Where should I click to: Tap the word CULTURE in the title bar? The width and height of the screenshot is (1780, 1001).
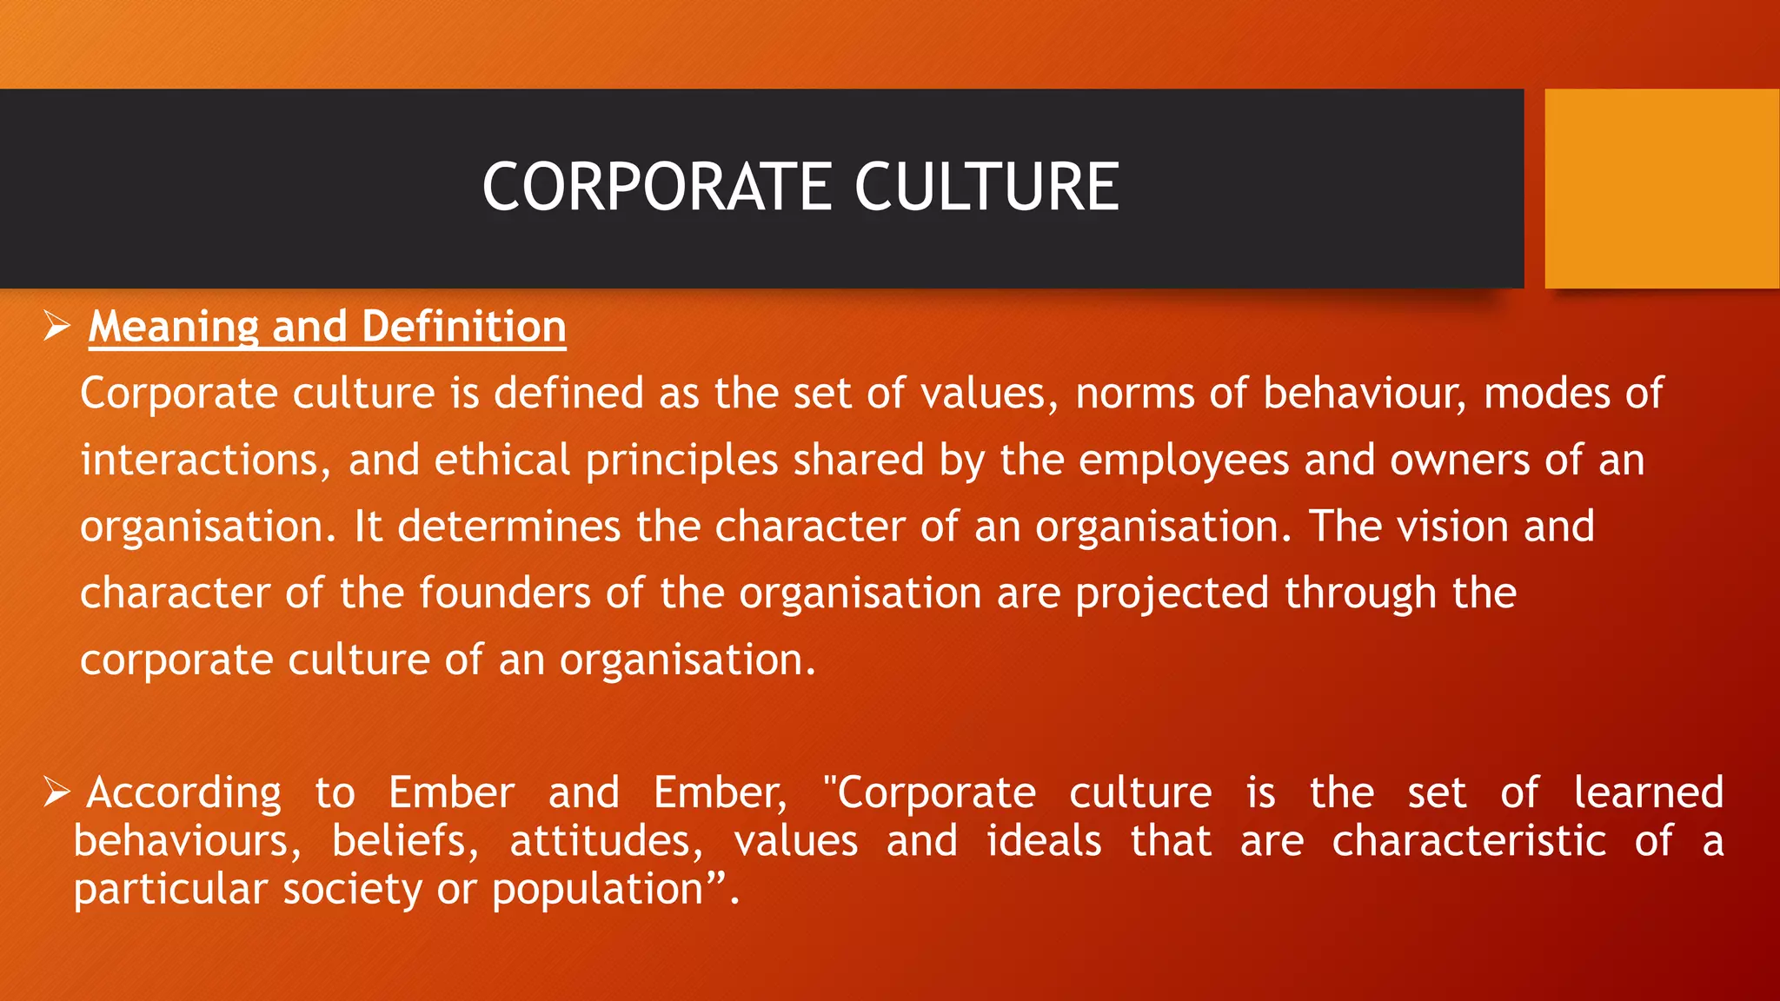tap(986, 188)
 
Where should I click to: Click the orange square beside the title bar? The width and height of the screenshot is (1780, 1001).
tap(1661, 189)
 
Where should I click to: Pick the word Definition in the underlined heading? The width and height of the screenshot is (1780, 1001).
tap(463, 327)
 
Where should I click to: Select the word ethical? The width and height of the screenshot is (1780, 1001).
tap(501, 461)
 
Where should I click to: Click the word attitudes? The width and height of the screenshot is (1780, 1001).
tap(606, 841)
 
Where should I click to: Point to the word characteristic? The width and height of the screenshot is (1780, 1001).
tap(1469, 841)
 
